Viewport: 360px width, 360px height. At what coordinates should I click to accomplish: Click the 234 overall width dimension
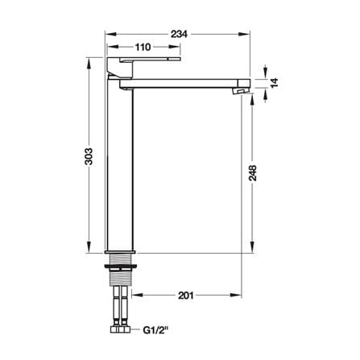pos(179,34)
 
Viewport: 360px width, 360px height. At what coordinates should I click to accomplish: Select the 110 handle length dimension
pos(143,48)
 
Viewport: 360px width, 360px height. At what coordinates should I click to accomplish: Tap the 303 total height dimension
pos(89,156)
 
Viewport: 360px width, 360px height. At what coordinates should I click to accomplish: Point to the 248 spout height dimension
pos(252,173)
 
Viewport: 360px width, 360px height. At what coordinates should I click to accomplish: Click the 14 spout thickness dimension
pos(274,82)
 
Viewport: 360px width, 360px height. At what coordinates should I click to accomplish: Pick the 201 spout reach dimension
pos(186,296)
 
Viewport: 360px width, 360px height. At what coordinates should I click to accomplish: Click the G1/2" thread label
pos(155,330)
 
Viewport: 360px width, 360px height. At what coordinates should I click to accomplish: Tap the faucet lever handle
pos(143,64)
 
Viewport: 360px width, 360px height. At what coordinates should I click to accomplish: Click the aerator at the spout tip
pos(240,91)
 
